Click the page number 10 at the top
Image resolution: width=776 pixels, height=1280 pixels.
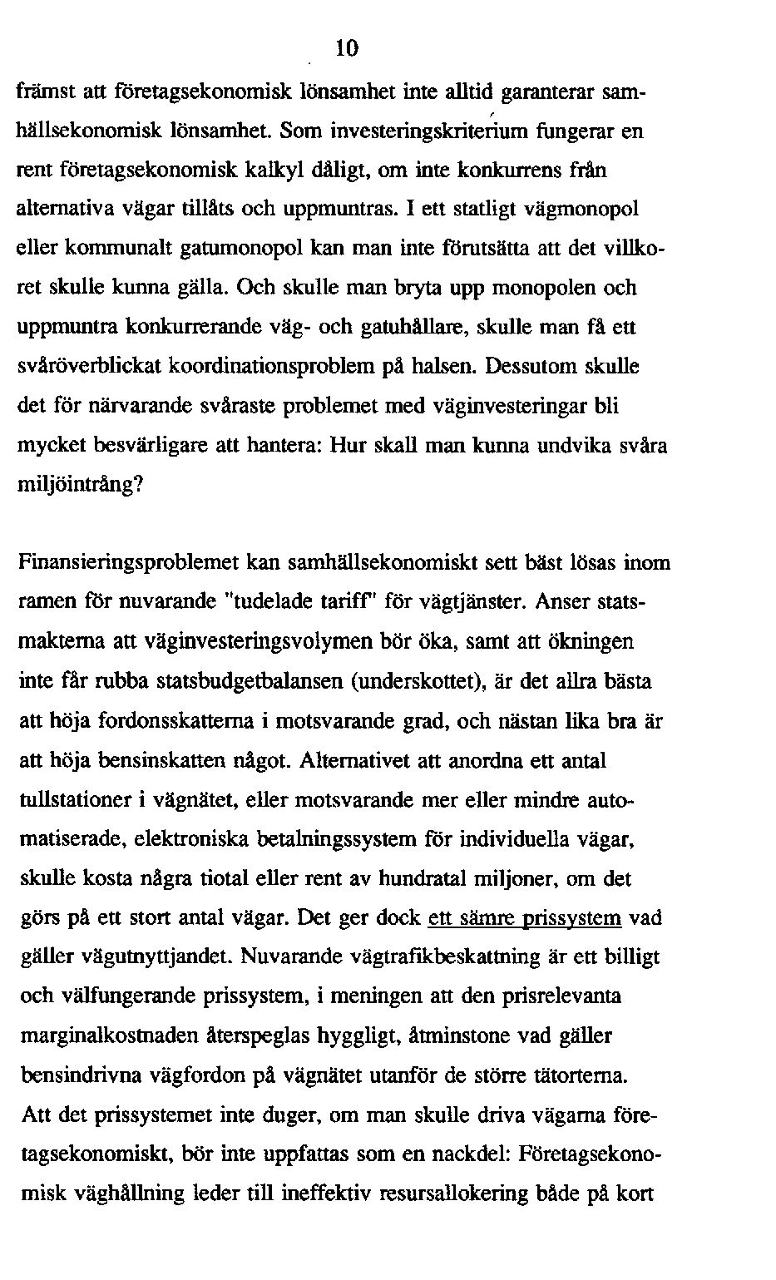[x=347, y=48]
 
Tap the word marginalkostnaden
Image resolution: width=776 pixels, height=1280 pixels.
[x=91, y=1036]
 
